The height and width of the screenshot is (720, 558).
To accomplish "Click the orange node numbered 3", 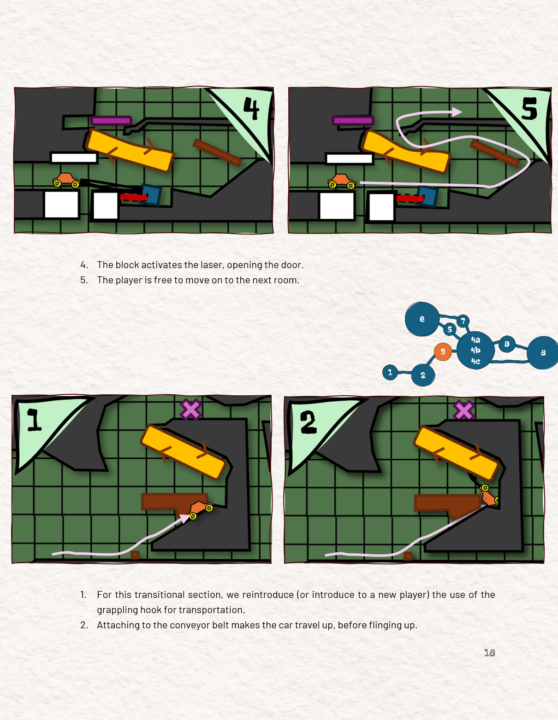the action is (443, 351).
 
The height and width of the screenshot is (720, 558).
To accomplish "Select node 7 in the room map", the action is (463, 321).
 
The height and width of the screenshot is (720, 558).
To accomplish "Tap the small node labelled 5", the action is (450, 329).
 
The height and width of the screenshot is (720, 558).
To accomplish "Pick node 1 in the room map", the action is (390, 372).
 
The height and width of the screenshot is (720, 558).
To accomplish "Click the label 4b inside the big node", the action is (475, 350).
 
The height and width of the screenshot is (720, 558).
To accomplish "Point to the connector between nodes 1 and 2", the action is (404, 373).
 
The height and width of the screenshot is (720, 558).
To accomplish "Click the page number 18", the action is (489, 652).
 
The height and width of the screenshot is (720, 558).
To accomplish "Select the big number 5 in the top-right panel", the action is (529, 108).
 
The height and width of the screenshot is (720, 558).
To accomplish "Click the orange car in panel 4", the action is (66, 180).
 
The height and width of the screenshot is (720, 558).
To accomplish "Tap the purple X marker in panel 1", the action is (190, 409).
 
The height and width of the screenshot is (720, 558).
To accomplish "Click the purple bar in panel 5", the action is (353, 120).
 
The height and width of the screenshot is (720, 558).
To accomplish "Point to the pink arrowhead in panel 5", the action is (457, 112).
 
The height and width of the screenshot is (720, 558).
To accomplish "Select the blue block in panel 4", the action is (152, 195).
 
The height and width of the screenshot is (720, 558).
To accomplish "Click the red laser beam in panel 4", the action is (134, 198).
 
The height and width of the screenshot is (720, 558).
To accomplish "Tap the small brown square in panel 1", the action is (135, 555).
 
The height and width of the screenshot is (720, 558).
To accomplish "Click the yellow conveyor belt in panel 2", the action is (456, 453).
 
